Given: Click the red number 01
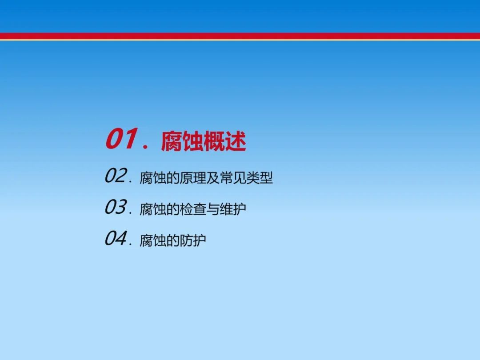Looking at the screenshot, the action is click(x=121, y=139).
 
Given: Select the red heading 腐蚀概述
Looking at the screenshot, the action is click(x=203, y=141).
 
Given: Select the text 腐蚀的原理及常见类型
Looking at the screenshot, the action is click(x=206, y=178).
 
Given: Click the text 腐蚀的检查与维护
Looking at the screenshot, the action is click(x=193, y=209).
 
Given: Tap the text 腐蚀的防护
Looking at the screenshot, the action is click(x=172, y=240).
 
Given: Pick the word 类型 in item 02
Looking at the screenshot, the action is click(x=259, y=178).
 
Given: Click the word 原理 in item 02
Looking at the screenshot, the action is click(x=193, y=178).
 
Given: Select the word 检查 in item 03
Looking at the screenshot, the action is click(x=193, y=209).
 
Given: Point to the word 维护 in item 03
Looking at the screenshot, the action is click(x=232, y=209).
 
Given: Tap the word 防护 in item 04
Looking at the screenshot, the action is click(x=192, y=240).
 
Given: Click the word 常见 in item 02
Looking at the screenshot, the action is click(x=232, y=178).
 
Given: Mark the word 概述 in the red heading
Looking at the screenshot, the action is click(x=225, y=141).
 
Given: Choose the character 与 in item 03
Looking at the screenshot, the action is click(x=213, y=209).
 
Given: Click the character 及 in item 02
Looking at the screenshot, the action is click(x=213, y=178).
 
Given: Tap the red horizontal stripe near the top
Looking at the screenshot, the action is click(x=240, y=36).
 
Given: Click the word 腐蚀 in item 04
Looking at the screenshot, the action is click(x=153, y=240).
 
